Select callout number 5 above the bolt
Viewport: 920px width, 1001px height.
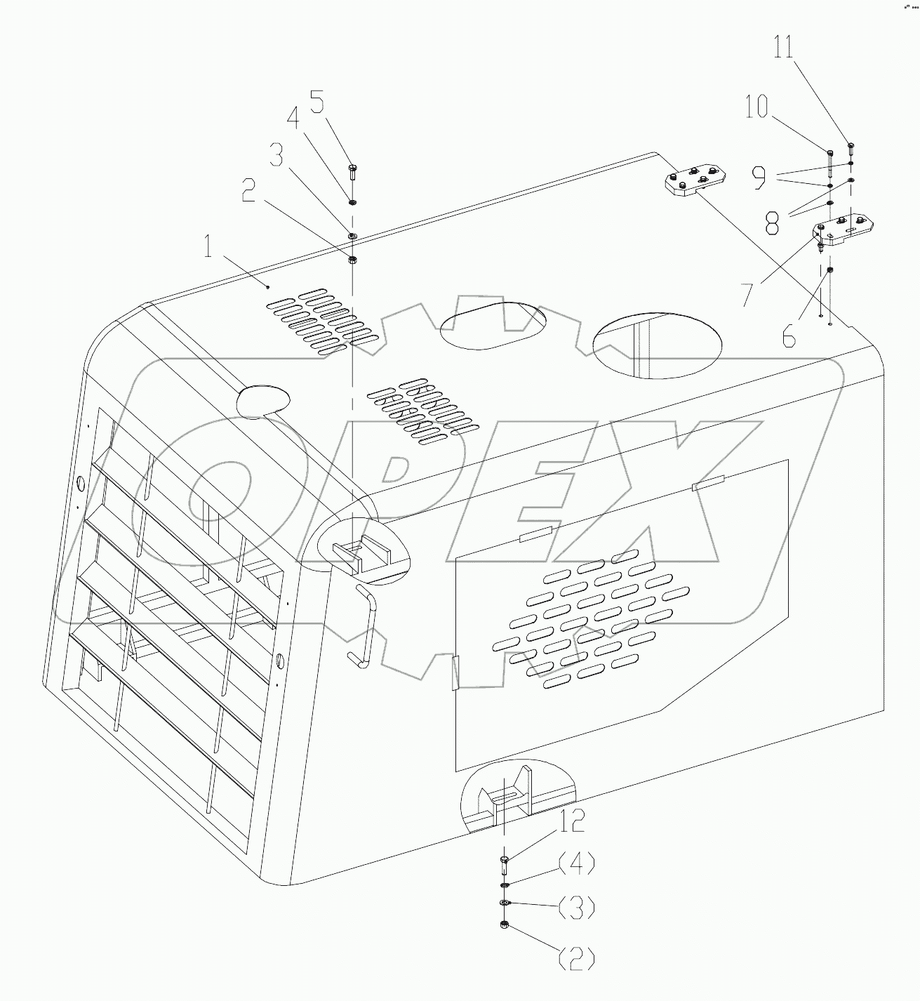317,102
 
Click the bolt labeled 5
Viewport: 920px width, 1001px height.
352,174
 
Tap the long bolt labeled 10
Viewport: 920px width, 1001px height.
829,162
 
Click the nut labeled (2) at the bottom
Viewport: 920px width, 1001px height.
504,925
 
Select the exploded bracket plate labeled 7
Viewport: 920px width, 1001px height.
845,232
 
